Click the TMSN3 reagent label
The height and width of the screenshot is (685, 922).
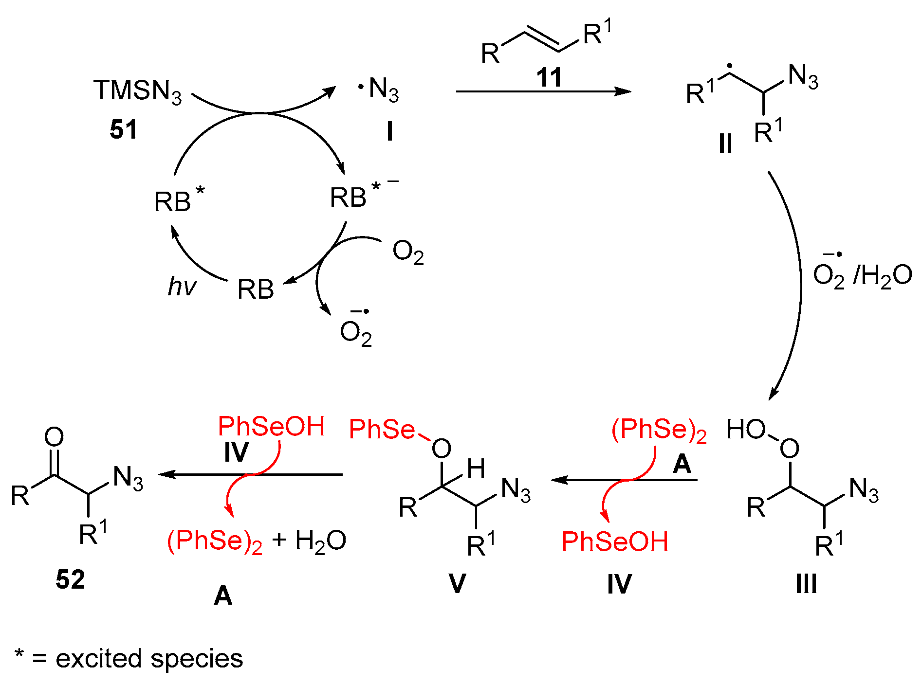coord(137,91)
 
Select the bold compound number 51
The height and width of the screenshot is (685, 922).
coord(123,130)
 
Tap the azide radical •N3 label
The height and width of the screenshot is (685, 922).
coord(379,90)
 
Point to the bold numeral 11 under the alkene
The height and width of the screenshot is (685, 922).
coord(549,77)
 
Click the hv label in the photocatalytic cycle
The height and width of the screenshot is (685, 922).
coord(181,286)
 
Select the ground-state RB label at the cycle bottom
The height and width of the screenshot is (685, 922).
coord(256,289)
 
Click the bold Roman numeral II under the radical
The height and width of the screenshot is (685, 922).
coord(725,144)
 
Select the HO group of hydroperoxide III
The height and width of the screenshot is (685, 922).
coord(745,430)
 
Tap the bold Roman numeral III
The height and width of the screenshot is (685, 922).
coord(806,584)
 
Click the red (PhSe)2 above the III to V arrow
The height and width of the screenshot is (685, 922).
coord(659,431)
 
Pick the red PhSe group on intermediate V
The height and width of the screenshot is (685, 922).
coord(382,430)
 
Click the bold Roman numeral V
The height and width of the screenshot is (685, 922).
coord(457,584)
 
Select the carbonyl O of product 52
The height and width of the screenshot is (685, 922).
coord(54,436)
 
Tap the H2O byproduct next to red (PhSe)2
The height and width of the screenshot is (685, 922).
coord(320,541)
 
